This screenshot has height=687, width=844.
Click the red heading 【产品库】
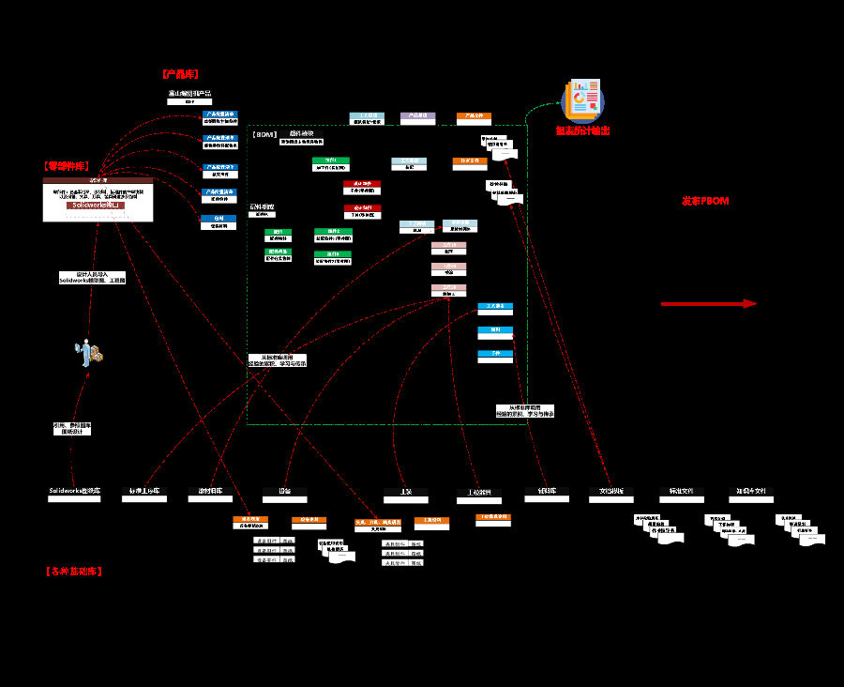(x=180, y=73)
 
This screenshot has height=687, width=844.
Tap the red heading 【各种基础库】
(x=73, y=571)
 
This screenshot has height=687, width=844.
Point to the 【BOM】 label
(x=265, y=135)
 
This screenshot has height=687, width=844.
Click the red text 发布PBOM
(x=705, y=201)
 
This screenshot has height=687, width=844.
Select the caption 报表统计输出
(x=581, y=130)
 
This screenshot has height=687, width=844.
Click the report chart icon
(x=581, y=99)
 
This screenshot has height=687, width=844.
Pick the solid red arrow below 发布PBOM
(x=708, y=303)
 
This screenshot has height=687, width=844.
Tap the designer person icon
(x=89, y=352)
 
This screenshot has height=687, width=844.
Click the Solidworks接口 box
(x=98, y=205)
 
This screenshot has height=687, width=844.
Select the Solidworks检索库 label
(x=74, y=491)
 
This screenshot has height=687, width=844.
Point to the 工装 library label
(x=405, y=491)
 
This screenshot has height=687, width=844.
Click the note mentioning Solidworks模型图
(x=91, y=278)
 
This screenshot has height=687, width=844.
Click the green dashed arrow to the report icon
(x=536, y=111)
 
